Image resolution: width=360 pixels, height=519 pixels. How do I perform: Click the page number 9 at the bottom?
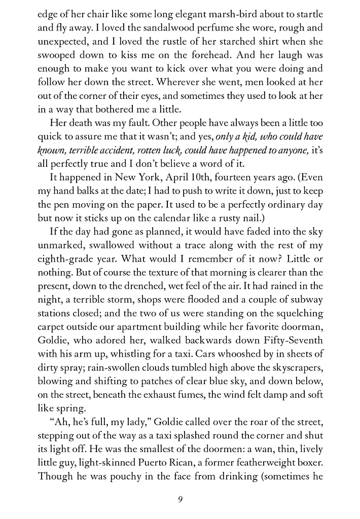pos(180,499)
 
